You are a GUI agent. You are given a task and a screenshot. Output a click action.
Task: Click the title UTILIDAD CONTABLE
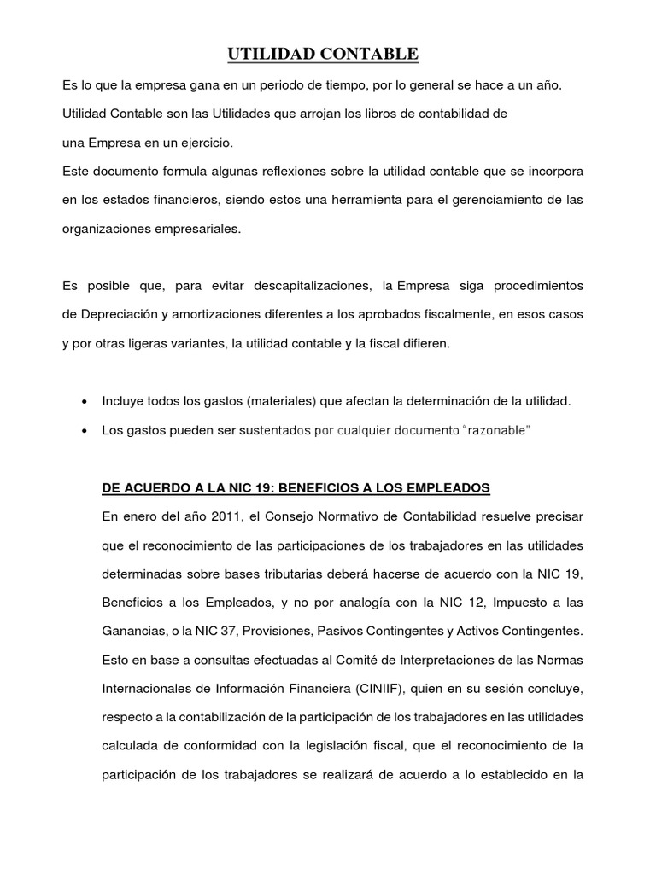[323, 55]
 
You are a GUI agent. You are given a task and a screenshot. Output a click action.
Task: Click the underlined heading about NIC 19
[296, 488]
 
